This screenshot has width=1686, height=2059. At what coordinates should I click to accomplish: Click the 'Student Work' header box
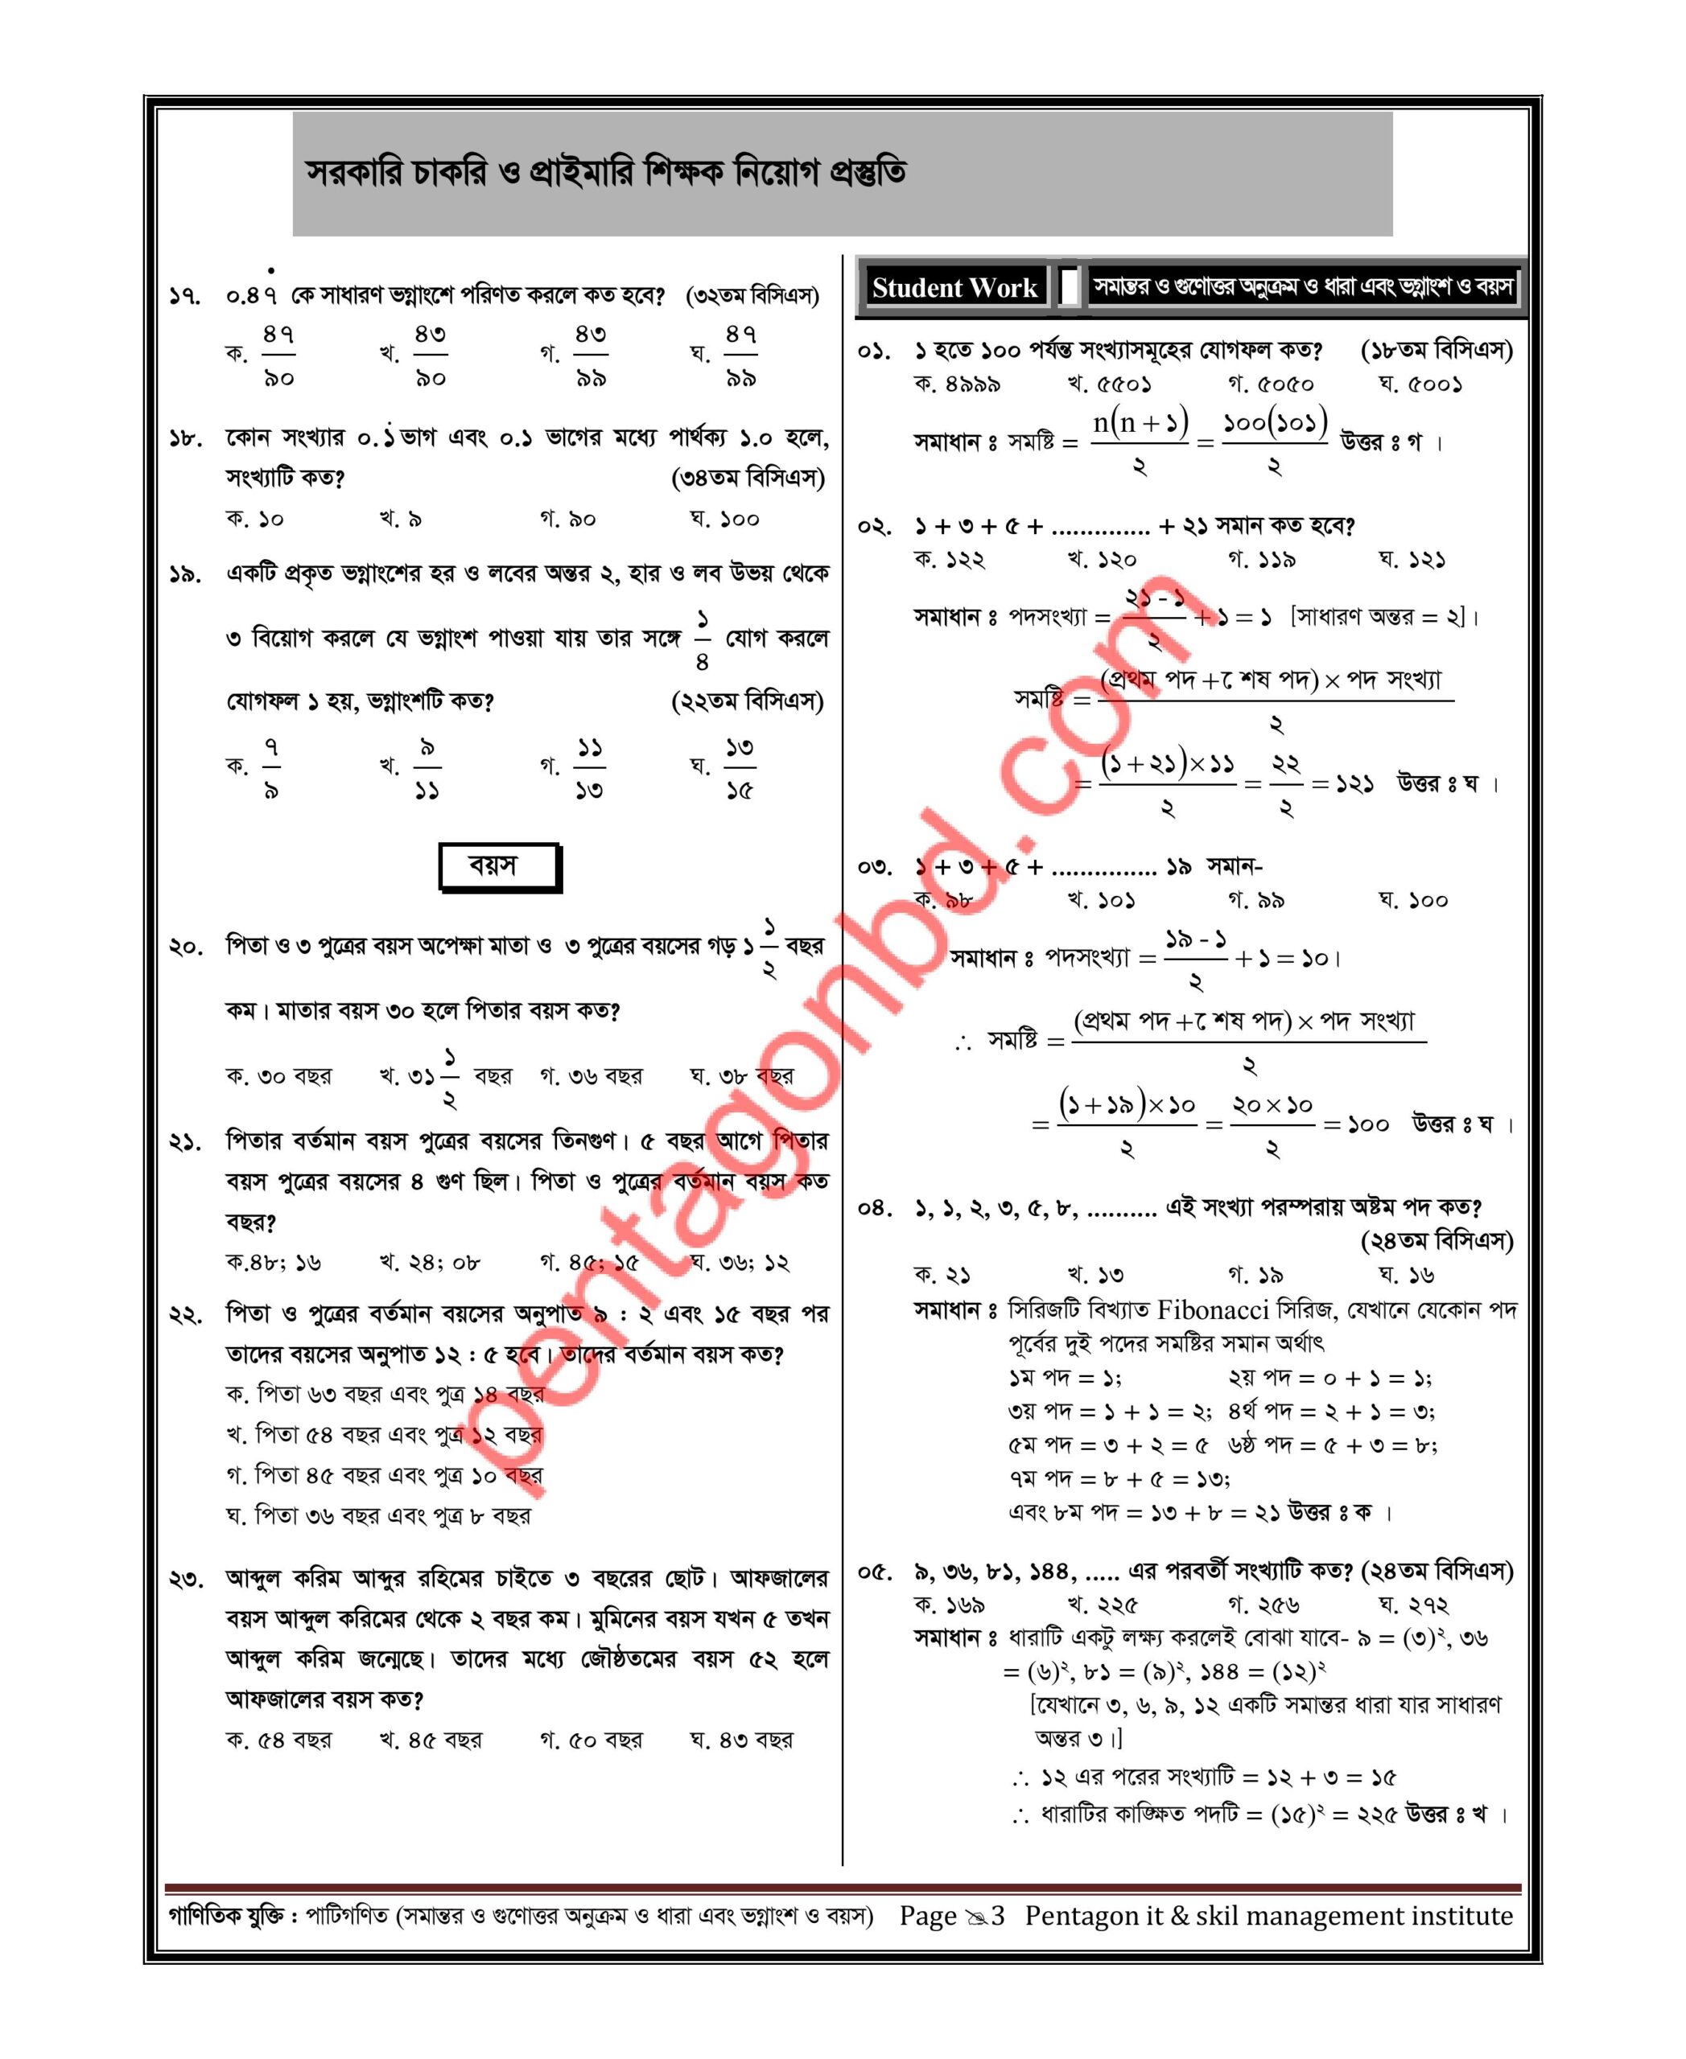[954, 287]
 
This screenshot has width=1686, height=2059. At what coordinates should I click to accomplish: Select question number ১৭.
[185, 296]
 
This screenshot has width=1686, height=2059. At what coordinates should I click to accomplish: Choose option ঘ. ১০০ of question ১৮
[724, 520]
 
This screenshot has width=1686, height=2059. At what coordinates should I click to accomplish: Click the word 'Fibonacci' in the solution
[1212, 1310]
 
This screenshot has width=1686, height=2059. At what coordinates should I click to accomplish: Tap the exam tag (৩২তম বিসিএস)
[752, 295]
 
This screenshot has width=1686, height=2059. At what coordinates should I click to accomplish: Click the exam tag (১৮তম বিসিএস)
[1437, 351]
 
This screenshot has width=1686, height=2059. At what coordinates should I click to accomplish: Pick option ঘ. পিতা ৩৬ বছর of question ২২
[379, 1515]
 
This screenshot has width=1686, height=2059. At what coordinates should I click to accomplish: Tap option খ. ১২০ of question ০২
[1102, 560]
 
